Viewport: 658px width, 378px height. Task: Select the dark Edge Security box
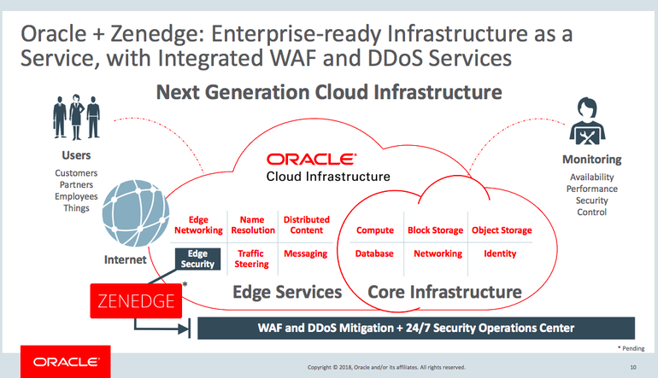tap(197, 259)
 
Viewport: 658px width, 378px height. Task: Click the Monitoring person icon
tap(590, 123)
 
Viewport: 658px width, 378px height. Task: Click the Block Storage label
tap(435, 230)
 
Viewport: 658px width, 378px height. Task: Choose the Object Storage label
tap(502, 230)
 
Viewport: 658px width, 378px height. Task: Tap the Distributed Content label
tap(306, 225)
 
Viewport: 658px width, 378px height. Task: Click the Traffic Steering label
tap(251, 259)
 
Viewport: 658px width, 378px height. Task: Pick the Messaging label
tap(305, 253)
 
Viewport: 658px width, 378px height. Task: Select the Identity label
tap(500, 253)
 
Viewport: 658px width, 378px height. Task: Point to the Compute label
tap(374, 230)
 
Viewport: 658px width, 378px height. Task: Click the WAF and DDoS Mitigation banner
tap(416, 328)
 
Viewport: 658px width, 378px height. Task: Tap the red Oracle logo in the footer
tap(56, 362)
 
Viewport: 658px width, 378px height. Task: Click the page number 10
tap(633, 368)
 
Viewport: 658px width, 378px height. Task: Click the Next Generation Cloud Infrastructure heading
tap(329, 91)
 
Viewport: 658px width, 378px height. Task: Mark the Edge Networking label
tap(198, 225)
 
